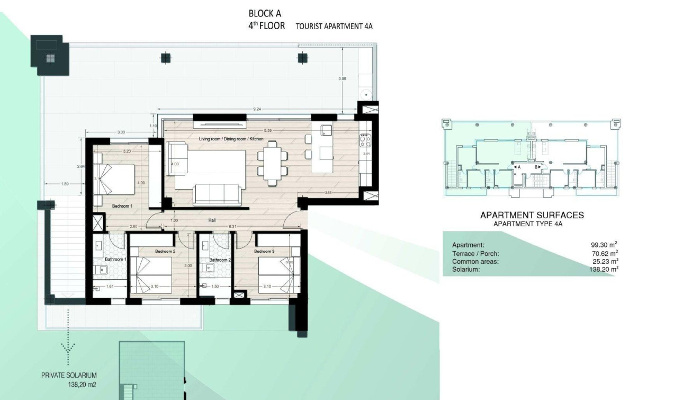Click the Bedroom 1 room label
122,206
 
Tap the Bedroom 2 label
165,251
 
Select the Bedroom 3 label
264,251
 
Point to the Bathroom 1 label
115,259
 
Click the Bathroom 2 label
220,260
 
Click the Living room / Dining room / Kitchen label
231,139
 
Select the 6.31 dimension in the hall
232,227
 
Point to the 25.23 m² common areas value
604,261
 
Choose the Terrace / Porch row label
475,254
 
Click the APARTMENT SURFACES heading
532,215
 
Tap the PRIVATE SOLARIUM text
69,375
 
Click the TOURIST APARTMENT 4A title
334,26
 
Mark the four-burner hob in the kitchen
365,140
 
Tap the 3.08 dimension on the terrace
342,79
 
